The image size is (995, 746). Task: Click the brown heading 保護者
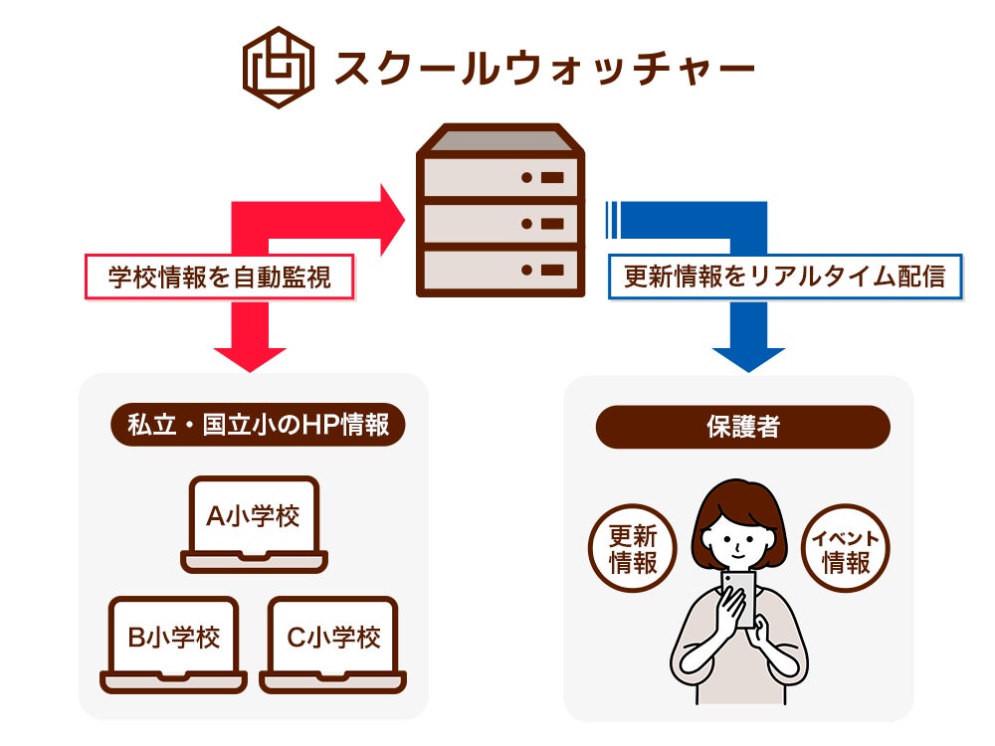(x=741, y=427)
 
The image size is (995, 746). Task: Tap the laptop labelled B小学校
(x=174, y=642)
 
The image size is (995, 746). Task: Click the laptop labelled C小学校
(x=333, y=642)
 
